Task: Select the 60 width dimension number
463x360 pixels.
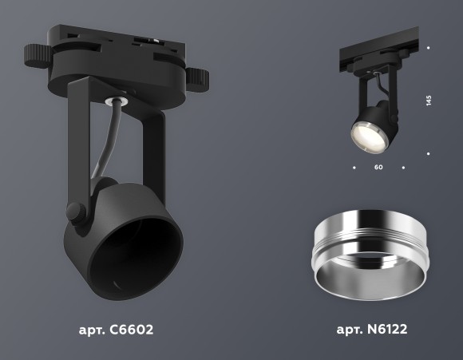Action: pyautogui.click(x=378, y=168)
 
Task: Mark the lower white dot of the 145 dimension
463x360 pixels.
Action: pyautogui.click(x=429, y=152)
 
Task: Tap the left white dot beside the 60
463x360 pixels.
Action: pyautogui.click(x=353, y=168)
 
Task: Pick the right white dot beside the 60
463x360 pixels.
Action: pyautogui.click(x=404, y=168)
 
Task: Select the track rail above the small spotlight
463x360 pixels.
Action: pyautogui.click(x=375, y=54)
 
